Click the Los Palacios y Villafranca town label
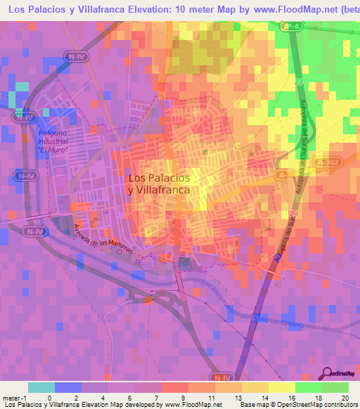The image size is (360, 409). point(159,183)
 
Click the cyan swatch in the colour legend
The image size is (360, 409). point(41,387)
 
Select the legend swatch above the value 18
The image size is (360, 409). point(309,387)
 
